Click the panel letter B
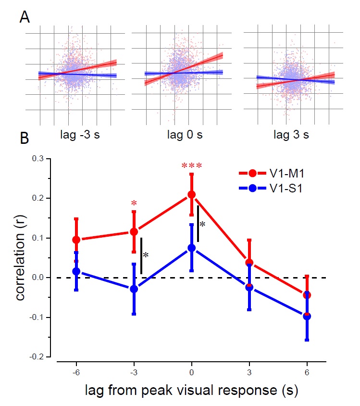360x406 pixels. [25, 139]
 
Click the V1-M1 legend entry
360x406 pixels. [274, 172]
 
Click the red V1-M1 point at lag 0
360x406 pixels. [192, 194]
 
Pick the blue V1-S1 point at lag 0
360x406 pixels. [192, 248]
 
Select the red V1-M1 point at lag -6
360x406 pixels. [76, 240]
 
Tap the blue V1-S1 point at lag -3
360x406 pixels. [134, 289]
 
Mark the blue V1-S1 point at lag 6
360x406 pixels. [307, 316]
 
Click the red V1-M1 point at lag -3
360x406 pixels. [134, 232]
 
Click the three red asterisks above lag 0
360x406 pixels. [192, 166]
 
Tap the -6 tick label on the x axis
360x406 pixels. [76, 373]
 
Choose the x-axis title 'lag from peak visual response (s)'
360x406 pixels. [191, 391]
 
